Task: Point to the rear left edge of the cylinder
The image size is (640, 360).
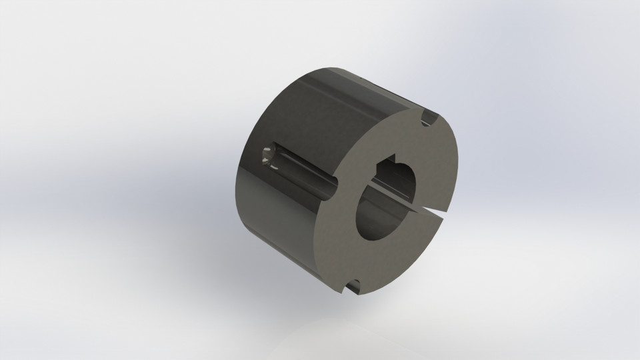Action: click(239, 187)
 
